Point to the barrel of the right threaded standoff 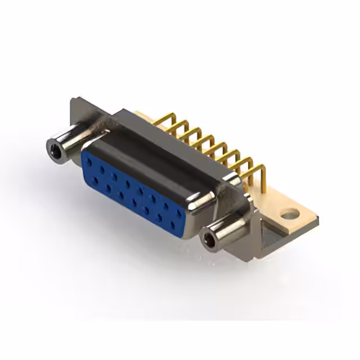pos(228,231)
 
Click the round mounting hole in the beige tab pos(289,214)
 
